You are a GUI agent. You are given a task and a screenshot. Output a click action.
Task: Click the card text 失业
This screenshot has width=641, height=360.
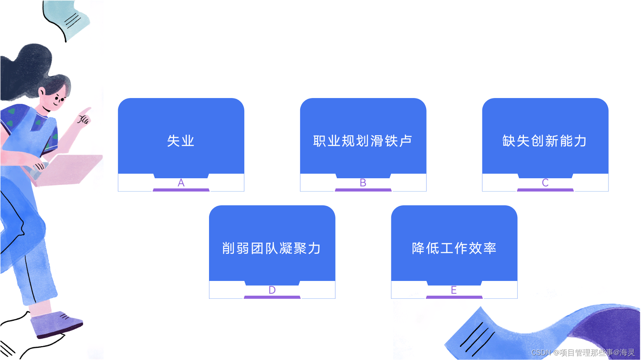coord(181,141)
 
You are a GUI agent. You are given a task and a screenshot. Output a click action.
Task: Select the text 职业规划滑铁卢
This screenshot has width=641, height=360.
coord(363,141)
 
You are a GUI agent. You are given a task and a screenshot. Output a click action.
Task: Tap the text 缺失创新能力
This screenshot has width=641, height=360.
coord(544,141)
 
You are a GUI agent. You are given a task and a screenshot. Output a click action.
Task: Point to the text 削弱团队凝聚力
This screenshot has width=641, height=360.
coord(271,248)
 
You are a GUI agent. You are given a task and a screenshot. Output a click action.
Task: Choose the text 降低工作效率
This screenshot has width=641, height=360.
coord(454,248)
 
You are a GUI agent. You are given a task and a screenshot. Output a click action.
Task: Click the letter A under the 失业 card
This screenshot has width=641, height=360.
coord(181,183)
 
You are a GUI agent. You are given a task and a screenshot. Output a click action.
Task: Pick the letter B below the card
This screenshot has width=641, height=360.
coord(363,183)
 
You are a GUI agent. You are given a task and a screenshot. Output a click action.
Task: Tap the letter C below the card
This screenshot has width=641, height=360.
coord(545,183)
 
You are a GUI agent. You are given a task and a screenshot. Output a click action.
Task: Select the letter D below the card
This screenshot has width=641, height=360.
coord(272,290)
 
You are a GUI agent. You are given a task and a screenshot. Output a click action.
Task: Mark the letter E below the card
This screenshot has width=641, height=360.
coord(454,290)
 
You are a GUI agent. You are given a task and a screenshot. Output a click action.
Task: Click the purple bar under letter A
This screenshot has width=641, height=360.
coord(181,190)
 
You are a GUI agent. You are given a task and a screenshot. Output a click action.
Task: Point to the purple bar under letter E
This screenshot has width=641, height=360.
coord(454,297)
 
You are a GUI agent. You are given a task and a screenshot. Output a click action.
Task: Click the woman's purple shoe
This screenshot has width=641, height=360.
coord(56,323)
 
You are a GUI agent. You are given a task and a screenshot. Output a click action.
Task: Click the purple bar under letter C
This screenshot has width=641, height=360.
coord(545,190)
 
